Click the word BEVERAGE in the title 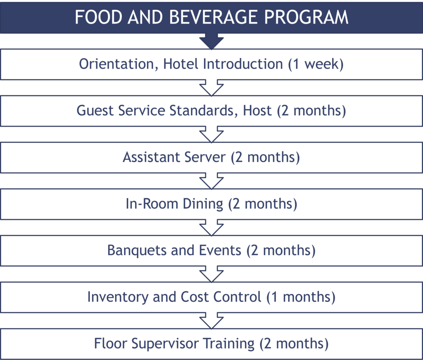pyautogui.click(x=213, y=17)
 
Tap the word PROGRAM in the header pyautogui.click(x=306, y=17)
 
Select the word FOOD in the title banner pyautogui.click(x=98, y=17)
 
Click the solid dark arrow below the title pyautogui.click(x=211, y=41)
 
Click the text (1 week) pyautogui.click(x=316, y=64)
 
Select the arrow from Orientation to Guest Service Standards pyautogui.click(x=211, y=88)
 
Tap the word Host pyautogui.click(x=257, y=111)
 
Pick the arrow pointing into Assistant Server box pyautogui.click(x=211, y=135)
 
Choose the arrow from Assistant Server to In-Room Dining pyautogui.click(x=211, y=181)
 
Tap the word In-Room pyautogui.click(x=152, y=204)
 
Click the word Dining pyautogui.click(x=203, y=204)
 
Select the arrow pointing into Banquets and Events pyautogui.click(x=211, y=228)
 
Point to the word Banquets pyautogui.click(x=136, y=251)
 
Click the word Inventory pyautogui.click(x=118, y=297)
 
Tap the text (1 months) pyautogui.click(x=301, y=297)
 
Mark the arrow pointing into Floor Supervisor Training pyautogui.click(x=211, y=321)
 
